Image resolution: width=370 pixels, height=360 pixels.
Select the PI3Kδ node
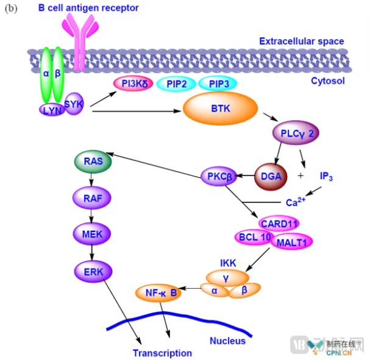click(x=135, y=84)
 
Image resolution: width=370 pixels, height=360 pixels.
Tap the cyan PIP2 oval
click(x=177, y=84)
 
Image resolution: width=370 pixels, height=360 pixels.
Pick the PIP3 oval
click(x=223, y=84)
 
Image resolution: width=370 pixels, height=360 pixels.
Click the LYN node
click(x=52, y=110)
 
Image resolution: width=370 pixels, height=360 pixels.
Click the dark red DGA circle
click(x=270, y=176)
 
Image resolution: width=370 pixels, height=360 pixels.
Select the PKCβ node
click(x=218, y=177)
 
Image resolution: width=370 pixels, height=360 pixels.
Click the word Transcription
click(x=162, y=353)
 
